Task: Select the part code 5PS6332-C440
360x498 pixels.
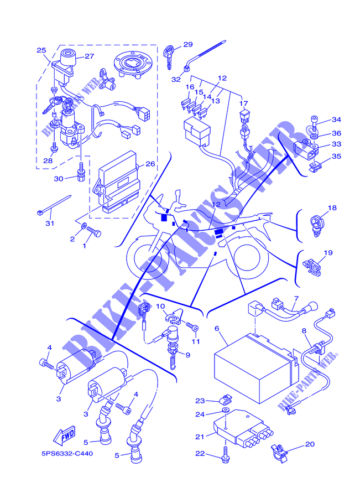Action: click(x=67, y=454)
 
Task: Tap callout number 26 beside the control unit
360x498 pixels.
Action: click(x=150, y=164)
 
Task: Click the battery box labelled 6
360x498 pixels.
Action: click(x=256, y=369)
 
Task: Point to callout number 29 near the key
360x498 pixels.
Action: click(x=188, y=44)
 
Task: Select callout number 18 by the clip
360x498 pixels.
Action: click(x=332, y=207)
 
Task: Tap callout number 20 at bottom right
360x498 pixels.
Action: click(x=310, y=444)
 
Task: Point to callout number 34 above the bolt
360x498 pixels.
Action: click(x=336, y=120)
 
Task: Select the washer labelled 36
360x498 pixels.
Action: click(x=314, y=136)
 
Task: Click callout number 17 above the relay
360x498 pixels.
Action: click(x=243, y=103)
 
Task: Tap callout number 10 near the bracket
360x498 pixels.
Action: click(x=160, y=306)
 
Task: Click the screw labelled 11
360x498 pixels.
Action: click(x=192, y=325)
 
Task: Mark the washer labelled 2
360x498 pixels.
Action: click(x=84, y=226)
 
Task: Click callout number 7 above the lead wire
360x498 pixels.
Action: click(x=296, y=298)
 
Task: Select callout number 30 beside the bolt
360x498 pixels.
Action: click(x=59, y=179)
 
